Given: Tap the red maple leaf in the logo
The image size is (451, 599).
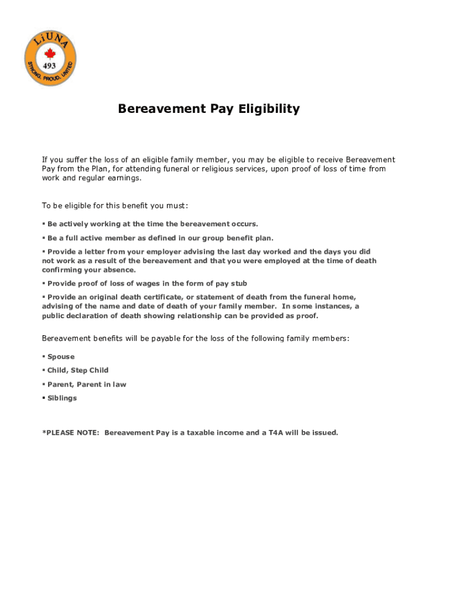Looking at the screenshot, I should tap(50, 53).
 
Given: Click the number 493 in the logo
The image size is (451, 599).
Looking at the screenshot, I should tap(50, 65).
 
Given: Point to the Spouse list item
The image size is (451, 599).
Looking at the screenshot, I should tap(60, 357).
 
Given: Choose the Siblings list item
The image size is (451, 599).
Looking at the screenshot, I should tap(61, 398).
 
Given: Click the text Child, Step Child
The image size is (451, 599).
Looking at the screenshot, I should tap(77, 370).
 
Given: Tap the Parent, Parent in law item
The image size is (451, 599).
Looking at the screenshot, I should tap(86, 384).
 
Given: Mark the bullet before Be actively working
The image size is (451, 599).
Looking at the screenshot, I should tap(44, 224).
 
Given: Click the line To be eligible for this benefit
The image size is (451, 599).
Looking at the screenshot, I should tap(115, 205).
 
